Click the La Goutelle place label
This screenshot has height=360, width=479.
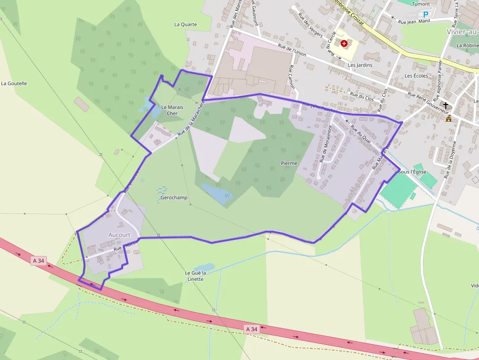[x=14, y=84]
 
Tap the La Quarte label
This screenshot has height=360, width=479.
[x=186, y=24]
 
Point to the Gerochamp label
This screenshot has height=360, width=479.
[x=174, y=198]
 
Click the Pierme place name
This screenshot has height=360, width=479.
[x=289, y=163]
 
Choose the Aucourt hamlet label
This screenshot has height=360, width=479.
[x=119, y=235]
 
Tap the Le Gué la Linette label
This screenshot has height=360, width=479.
[x=196, y=276]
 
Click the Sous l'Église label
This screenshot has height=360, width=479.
[x=413, y=172]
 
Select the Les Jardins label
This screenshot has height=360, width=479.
[x=360, y=65]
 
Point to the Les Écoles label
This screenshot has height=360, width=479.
[x=416, y=76]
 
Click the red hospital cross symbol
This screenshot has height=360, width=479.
[x=345, y=43]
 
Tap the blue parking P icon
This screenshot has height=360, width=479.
[x=425, y=15]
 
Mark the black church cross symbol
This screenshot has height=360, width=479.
[x=446, y=105]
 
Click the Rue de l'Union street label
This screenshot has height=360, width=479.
[x=292, y=50]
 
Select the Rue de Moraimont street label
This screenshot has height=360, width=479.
[x=325, y=149]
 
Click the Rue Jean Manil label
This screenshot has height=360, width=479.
[x=414, y=22]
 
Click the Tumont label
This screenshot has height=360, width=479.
[x=421, y=4]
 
